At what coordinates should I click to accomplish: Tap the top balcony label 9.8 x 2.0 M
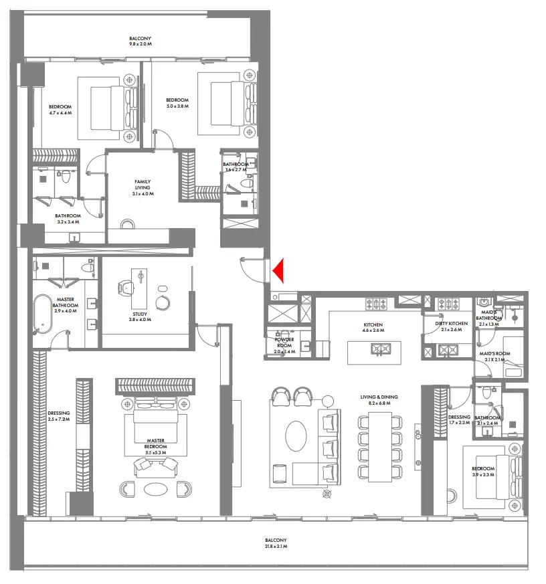[141, 41]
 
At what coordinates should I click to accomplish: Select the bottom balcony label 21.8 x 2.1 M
[275, 543]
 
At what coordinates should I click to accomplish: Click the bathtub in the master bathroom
[45, 313]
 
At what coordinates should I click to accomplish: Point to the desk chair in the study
[126, 288]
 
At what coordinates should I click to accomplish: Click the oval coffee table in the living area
[296, 436]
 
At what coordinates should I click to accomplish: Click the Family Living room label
[143, 187]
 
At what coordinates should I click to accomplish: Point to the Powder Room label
[284, 345]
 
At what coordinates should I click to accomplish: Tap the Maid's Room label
[494, 356]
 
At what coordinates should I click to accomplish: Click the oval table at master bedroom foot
[156, 488]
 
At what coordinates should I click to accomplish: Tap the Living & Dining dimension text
[379, 401]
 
